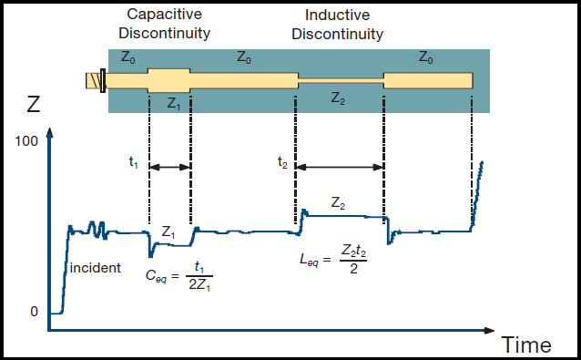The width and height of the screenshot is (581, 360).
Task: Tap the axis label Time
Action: click(x=526, y=345)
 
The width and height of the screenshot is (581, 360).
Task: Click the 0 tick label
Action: click(x=35, y=311)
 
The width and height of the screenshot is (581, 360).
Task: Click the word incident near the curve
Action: click(x=95, y=268)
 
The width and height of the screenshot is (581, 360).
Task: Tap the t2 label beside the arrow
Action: click(x=282, y=163)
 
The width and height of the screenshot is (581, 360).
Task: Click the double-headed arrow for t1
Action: click(x=169, y=167)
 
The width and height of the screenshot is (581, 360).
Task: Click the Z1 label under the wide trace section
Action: click(x=174, y=103)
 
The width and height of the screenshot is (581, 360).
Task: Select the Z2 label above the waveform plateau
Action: click(x=338, y=202)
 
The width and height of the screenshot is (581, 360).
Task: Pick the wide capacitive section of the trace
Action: click(x=168, y=78)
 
